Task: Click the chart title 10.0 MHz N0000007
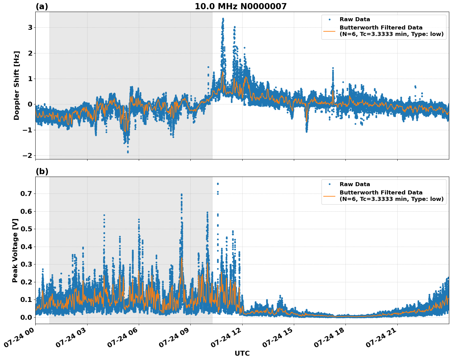(x=240, y=6)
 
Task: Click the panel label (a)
(x=42, y=6)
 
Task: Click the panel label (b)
(x=42, y=171)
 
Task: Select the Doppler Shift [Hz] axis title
(x=17, y=85)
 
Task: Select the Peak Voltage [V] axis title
(x=15, y=250)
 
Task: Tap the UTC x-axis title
(x=242, y=353)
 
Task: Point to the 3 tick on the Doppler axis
(x=30, y=28)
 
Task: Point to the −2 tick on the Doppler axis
(x=27, y=156)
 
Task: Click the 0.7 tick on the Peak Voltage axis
(x=26, y=194)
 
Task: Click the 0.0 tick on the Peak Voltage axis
(x=26, y=317)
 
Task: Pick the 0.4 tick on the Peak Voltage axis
(x=26, y=247)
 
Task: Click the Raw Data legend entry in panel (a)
(x=355, y=19)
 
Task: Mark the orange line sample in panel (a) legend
(x=329, y=31)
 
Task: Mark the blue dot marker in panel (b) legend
(x=329, y=184)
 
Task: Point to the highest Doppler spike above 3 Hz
(x=223, y=19)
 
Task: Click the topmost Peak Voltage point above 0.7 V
(x=218, y=184)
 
